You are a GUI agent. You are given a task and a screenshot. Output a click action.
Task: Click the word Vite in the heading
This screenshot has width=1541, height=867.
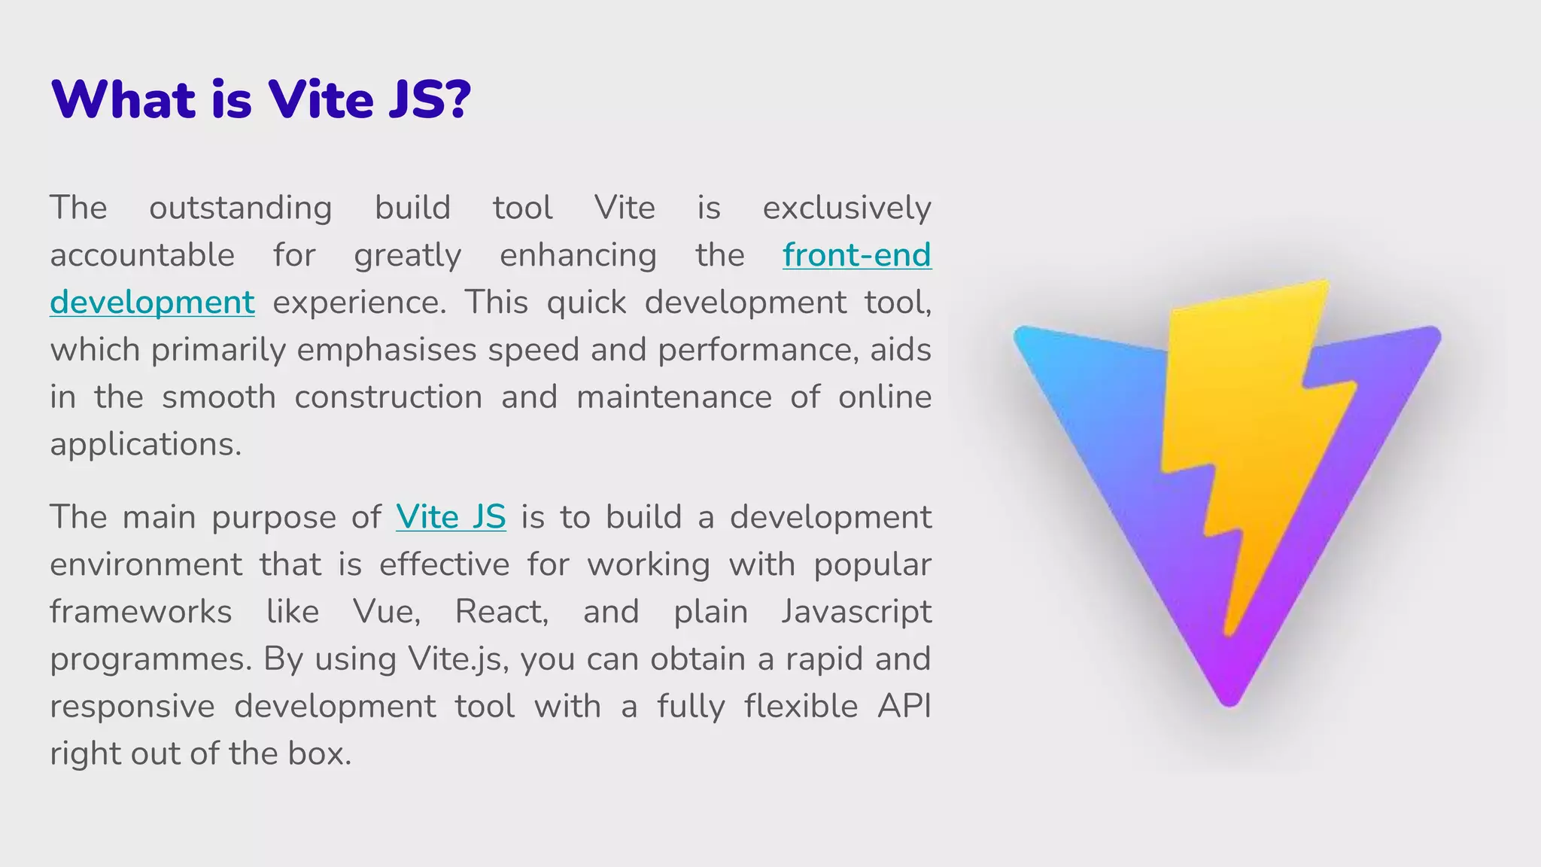click(x=321, y=99)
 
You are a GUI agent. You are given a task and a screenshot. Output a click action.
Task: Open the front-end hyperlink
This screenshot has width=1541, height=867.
click(x=856, y=254)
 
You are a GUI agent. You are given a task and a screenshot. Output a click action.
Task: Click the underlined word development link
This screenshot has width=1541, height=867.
click(x=152, y=303)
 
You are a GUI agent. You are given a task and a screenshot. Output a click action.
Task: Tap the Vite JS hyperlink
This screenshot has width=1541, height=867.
click(x=451, y=517)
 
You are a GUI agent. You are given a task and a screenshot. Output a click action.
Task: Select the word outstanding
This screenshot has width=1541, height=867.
click(x=240, y=208)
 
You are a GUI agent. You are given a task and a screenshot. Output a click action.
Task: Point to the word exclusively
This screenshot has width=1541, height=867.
click(x=846, y=208)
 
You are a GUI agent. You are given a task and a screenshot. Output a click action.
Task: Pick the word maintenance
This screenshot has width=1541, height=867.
click(x=673, y=397)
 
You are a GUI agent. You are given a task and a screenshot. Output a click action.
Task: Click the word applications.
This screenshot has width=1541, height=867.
click(x=145, y=445)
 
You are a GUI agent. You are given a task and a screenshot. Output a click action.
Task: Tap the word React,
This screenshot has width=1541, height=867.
click(x=502, y=611)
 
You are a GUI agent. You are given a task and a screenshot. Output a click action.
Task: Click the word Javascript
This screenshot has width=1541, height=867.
click(x=856, y=611)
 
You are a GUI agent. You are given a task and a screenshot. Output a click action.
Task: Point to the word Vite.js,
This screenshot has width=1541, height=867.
click(x=460, y=659)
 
